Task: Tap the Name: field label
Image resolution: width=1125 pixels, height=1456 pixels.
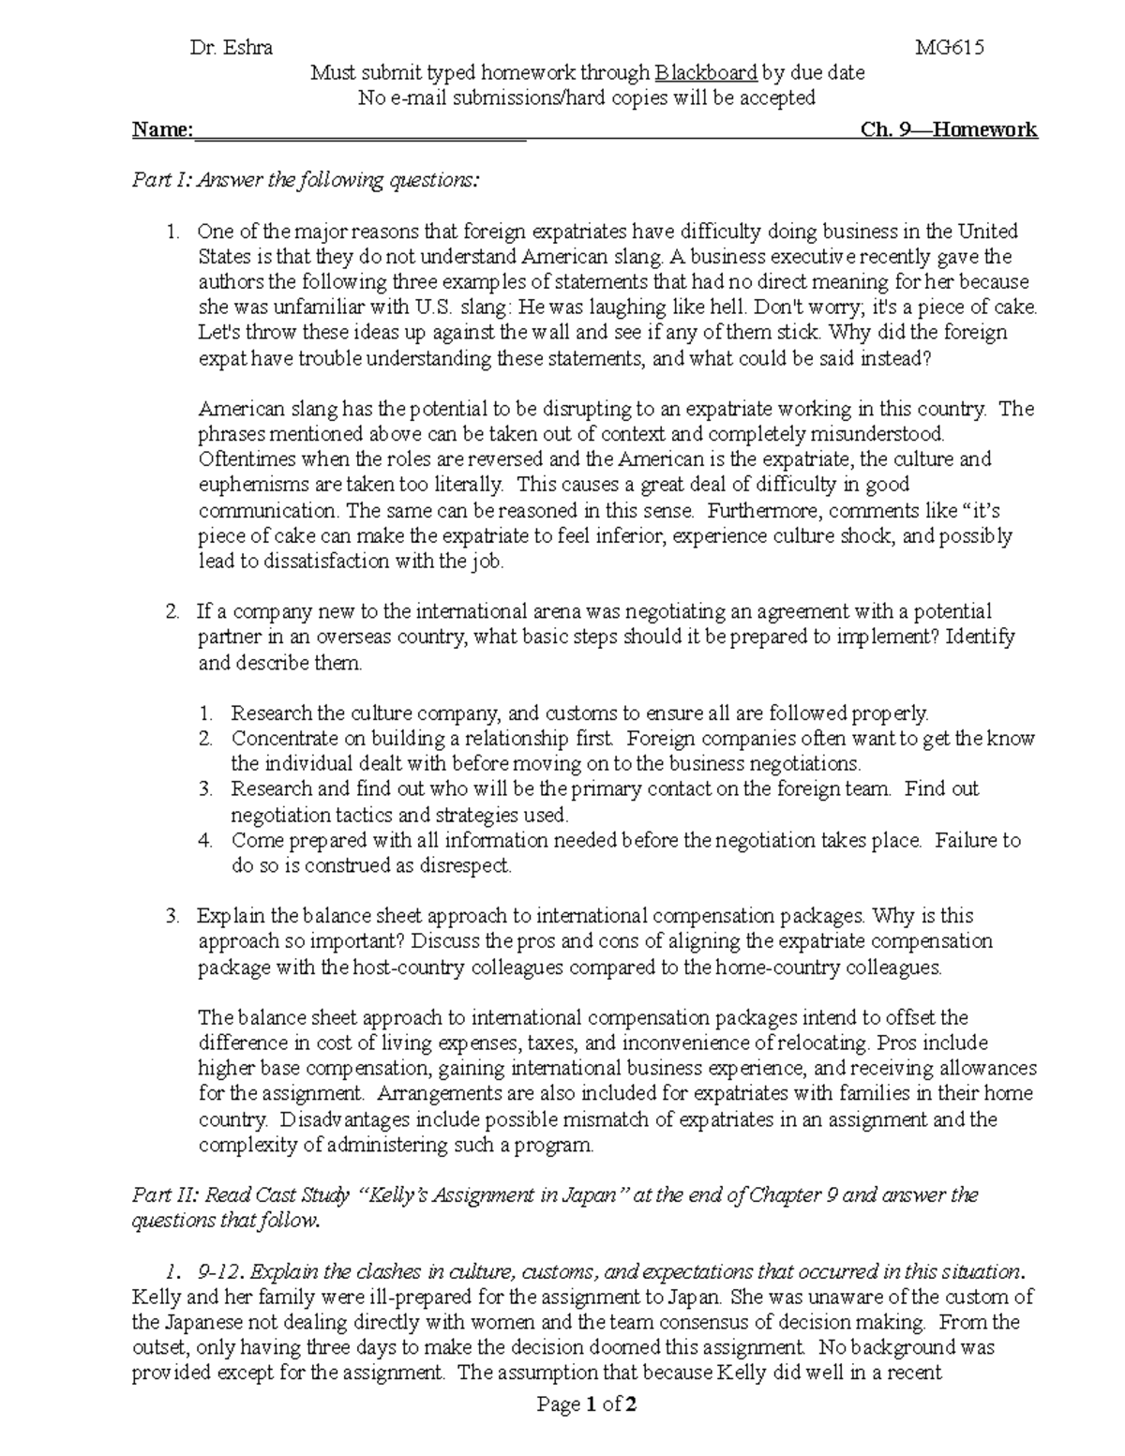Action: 162,129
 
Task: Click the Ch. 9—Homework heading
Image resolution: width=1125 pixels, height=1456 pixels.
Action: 948,129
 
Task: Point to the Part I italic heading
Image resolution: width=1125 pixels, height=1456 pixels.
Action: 305,180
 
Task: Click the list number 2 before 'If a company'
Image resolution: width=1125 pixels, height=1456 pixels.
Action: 172,612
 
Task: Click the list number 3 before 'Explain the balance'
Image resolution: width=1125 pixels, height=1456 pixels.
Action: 172,916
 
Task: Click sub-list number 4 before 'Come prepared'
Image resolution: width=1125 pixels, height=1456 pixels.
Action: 205,841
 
